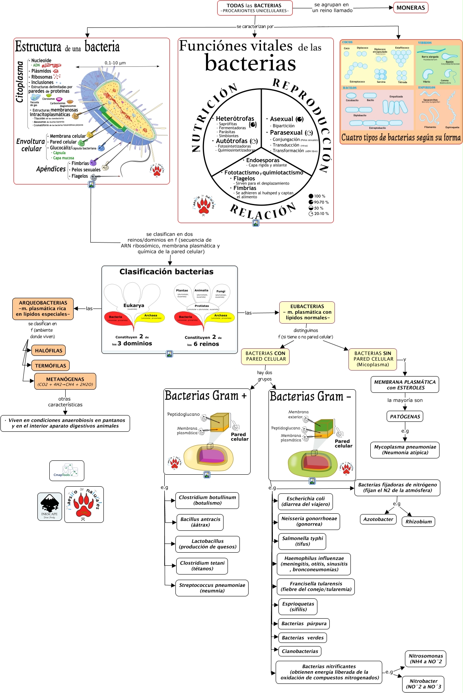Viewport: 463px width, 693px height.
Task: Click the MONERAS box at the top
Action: (x=410, y=8)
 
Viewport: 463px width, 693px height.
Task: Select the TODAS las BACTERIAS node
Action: (x=255, y=8)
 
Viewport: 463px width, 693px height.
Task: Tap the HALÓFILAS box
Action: (x=49, y=351)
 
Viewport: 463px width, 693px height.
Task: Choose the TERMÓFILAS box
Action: (x=51, y=365)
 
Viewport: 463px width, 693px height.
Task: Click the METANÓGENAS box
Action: (x=65, y=382)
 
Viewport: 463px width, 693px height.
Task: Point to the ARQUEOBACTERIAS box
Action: (x=43, y=309)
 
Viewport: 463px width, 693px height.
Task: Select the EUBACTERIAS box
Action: (x=307, y=312)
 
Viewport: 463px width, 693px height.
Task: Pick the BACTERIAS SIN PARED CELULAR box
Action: (x=373, y=359)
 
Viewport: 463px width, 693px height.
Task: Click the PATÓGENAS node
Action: (x=405, y=417)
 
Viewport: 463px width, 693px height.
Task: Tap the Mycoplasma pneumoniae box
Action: (x=405, y=450)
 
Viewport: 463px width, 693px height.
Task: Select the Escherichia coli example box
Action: (x=305, y=501)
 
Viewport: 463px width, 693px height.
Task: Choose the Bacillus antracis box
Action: (x=200, y=522)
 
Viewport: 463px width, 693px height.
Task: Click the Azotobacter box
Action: (x=378, y=519)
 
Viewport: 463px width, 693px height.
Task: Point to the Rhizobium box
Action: (x=418, y=522)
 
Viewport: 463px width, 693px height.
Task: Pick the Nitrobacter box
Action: (x=423, y=684)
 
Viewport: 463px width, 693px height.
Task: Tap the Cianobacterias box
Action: (x=300, y=651)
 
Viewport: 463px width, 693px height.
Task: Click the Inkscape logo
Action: (x=50, y=507)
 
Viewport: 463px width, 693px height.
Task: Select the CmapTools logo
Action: (x=66, y=471)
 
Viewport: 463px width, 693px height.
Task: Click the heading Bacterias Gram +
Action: (x=206, y=396)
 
